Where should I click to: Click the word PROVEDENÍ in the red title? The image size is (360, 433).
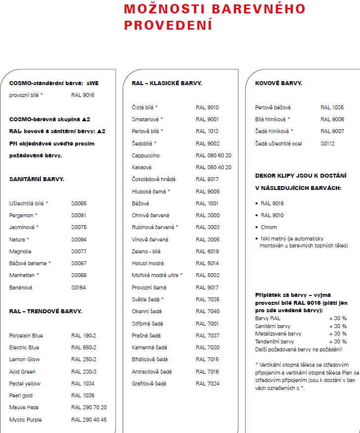[x=168, y=25]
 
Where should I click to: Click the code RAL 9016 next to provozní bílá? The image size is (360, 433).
[x=83, y=95]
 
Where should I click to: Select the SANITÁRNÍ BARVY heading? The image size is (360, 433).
[x=37, y=179]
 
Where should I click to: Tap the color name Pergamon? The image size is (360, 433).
[x=22, y=215]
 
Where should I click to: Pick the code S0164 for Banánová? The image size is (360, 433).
[x=79, y=288]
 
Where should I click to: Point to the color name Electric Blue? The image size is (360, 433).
[x=25, y=347]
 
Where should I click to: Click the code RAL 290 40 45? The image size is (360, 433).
[x=89, y=420]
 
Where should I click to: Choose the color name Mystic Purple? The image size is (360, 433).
[x=26, y=420]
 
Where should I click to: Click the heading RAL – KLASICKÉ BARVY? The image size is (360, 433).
[x=167, y=83]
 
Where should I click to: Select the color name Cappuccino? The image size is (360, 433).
[x=145, y=155]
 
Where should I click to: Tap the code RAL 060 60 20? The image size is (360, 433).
[x=214, y=155]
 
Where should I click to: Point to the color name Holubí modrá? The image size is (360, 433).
[x=148, y=263]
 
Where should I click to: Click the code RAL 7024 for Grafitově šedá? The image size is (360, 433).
[x=207, y=384]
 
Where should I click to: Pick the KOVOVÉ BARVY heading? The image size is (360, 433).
[x=278, y=83]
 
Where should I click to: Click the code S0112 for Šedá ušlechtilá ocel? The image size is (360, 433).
[x=328, y=144]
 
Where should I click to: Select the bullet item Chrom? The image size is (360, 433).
[x=269, y=227]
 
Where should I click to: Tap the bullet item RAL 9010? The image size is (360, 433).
[x=272, y=215]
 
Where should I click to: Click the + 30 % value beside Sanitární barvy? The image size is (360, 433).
[x=338, y=326]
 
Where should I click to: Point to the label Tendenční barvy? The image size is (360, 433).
[x=274, y=341]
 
